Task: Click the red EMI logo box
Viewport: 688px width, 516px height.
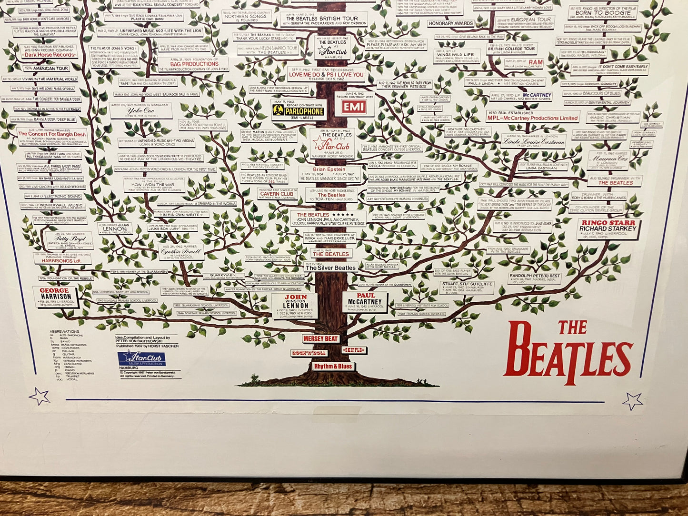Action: tap(354, 106)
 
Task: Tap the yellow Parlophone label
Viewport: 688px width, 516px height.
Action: tap(299, 111)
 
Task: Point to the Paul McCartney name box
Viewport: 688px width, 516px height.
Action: tap(365, 302)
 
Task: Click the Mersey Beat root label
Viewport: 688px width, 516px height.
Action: tap(320, 339)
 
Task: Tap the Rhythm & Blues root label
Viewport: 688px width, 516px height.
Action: tap(333, 366)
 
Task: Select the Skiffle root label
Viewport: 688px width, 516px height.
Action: tap(354, 350)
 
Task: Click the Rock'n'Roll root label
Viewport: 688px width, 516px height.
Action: tap(309, 353)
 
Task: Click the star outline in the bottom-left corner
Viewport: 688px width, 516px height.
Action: tap(39, 396)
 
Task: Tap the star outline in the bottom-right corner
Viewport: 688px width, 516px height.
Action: tap(632, 401)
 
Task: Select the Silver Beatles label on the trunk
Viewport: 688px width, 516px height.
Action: tap(330, 268)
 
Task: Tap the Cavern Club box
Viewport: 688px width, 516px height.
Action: tap(277, 194)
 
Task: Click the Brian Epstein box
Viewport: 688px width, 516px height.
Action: tap(329, 173)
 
